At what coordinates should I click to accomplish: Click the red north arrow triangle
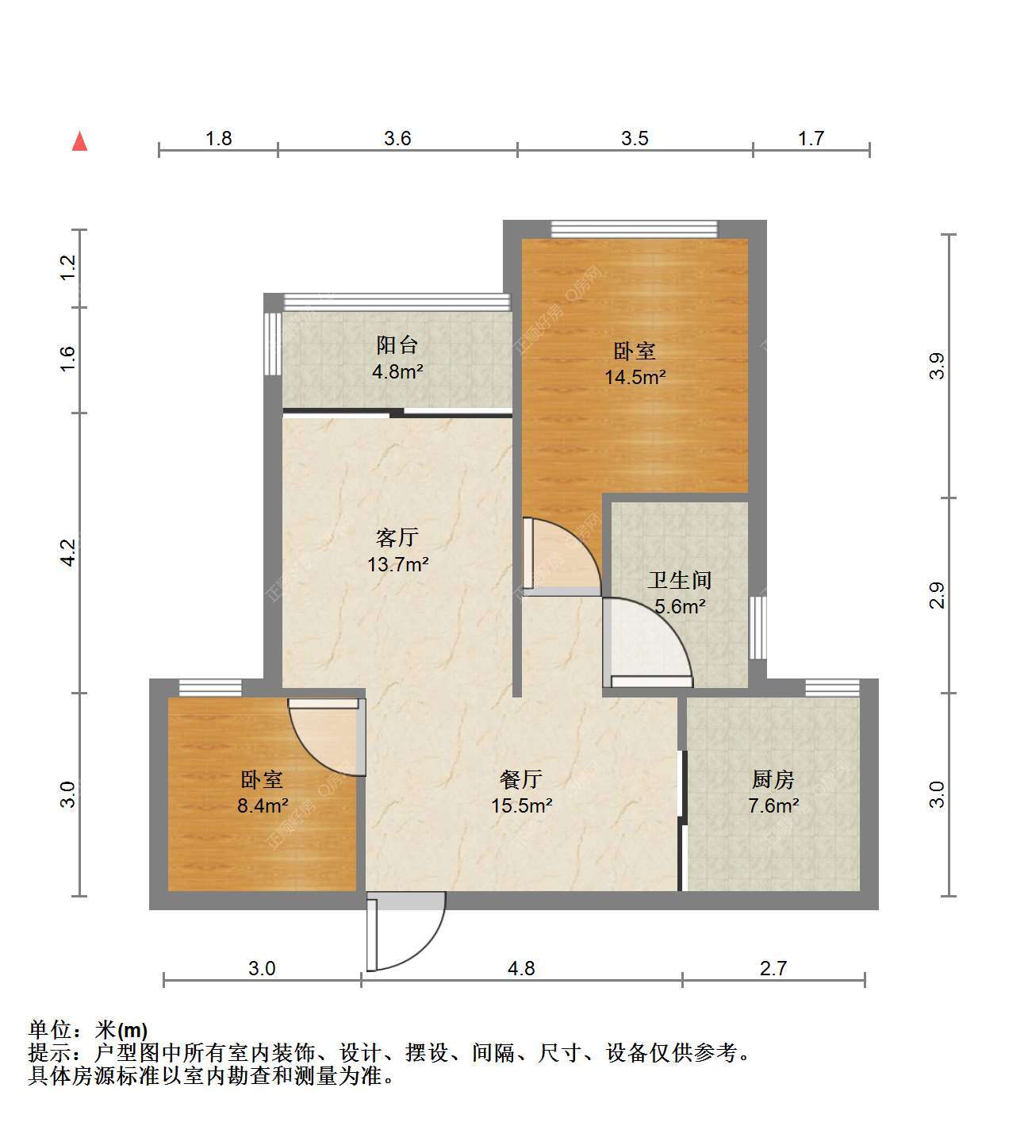coord(80,141)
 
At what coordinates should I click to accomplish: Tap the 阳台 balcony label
coord(397,344)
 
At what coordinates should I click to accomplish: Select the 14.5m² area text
coord(635,377)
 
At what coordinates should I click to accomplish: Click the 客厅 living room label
coord(397,537)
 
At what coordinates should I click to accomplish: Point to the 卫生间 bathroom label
coord(679,580)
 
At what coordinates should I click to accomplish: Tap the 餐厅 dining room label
coord(521,779)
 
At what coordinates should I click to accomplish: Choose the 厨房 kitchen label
coord(773,779)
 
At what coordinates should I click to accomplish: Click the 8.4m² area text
coord(263,805)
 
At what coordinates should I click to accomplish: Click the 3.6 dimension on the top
coord(397,138)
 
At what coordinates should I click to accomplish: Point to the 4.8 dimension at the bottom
coord(521,968)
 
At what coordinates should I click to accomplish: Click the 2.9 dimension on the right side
coord(937,595)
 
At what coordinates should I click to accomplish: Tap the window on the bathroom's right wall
coord(758,628)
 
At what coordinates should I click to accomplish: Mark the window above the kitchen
coord(833,688)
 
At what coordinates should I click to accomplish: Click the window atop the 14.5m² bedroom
coord(635,229)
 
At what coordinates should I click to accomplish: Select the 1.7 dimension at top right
coord(811,138)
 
